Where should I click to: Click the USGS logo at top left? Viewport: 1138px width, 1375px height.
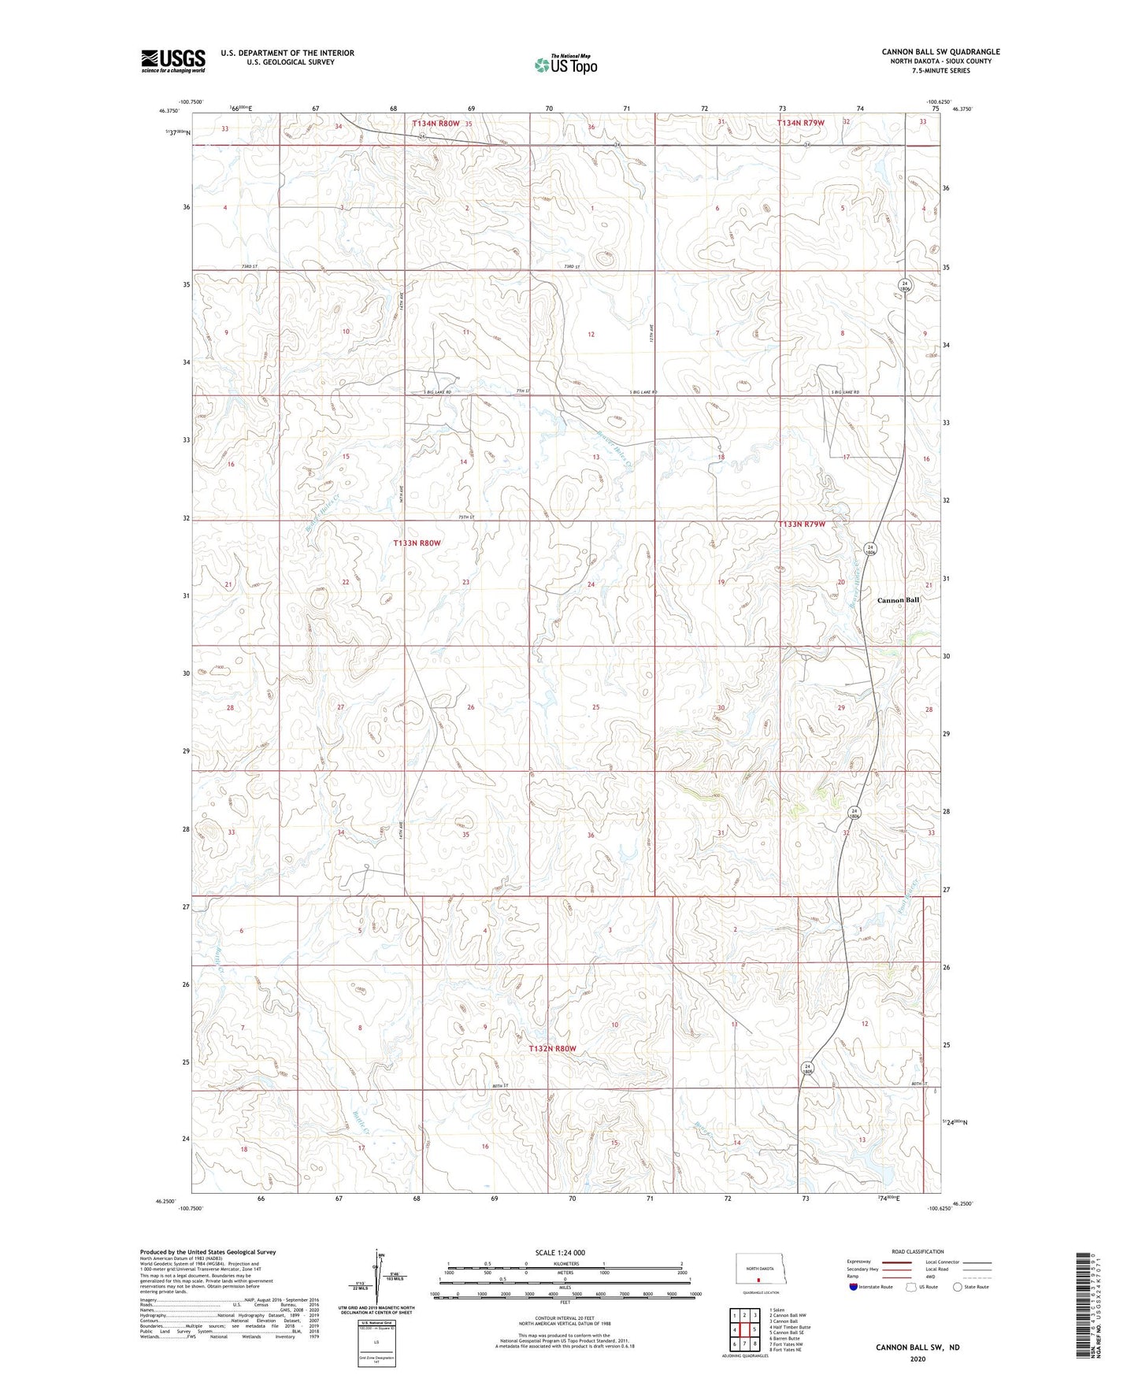pyautogui.click(x=173, y=60)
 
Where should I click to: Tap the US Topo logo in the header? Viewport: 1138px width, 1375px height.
pyautogui.click(x=565, y=65)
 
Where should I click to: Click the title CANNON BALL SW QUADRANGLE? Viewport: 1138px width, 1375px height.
pyautogui.click(x=940, y=52)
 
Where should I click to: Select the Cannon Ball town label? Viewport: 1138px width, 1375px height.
pyautogui.click(x=898, y=600)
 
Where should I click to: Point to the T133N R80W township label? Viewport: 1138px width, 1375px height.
pyautogui.click(x=417, y=543)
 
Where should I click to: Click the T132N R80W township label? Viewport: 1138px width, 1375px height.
pyautogui.click(x=552, y=1048)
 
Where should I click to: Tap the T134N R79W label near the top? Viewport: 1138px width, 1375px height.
pyautogui.click(x=800, y=123)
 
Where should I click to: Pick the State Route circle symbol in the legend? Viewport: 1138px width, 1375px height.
pyautogui.click(x=958, y=1287)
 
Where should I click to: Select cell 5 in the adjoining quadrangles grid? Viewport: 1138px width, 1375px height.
pyautogui.click(x=754, y=1330)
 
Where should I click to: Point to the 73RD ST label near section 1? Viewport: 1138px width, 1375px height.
pyautogui.click(x=572, y=267)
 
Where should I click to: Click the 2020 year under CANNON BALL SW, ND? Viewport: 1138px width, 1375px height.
pyautogui.click(x=917, y=1358)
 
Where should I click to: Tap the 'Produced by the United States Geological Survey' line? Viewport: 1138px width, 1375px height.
pyautogui.click(x=208, y=1251)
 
